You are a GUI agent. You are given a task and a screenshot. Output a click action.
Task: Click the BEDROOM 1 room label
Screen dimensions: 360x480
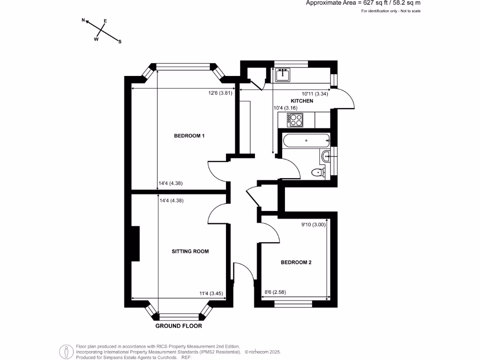(x=190, y=136)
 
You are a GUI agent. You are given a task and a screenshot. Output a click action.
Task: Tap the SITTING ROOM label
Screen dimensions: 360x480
(x=190, y=251)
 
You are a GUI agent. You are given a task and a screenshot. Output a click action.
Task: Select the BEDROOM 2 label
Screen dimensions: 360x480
(x=296, y=262)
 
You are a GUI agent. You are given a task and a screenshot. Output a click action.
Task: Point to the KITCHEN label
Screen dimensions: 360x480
(x=302, y=101)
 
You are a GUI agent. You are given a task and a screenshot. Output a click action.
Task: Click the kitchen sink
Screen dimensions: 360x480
(x=283, y=74)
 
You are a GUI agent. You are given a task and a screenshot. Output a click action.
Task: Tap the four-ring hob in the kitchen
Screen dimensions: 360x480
(x=296, y=120)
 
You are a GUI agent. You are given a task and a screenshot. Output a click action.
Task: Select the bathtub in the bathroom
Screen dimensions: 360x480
(x=305, y=140)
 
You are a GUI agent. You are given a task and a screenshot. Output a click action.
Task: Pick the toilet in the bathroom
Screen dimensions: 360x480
(x=319, y=172)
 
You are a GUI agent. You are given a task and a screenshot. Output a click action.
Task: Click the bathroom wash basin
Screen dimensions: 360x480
(x=326, y=156)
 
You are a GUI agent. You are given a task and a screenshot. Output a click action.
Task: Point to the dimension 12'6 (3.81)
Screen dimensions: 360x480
(x=220, y=93)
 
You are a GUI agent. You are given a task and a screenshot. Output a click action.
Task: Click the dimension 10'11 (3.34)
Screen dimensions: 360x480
(x=315, y=94)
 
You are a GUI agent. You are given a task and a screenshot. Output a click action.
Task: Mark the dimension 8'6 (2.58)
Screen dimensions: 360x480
(x=276, y=292)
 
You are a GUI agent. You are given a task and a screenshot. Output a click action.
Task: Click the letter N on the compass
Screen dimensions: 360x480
(x=83, y=20)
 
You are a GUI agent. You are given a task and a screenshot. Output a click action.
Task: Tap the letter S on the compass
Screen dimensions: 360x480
(x=120, y=42)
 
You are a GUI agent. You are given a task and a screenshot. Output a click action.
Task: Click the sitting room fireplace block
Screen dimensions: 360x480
(x=136, y=243)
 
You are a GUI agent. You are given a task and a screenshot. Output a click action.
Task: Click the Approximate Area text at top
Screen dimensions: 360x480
(x=363, y=3)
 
